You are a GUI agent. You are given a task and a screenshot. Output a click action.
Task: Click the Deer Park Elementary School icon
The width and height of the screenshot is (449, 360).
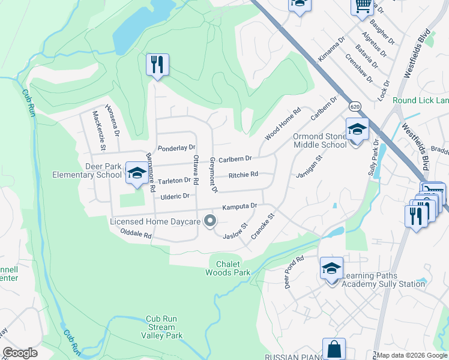(137, 173)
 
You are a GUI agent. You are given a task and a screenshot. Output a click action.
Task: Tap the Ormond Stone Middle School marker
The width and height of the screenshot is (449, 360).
(357, 130)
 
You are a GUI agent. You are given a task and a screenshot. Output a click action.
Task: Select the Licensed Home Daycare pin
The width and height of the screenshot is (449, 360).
(210, 221)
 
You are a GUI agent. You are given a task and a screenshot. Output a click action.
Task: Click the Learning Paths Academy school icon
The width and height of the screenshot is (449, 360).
(331, 269)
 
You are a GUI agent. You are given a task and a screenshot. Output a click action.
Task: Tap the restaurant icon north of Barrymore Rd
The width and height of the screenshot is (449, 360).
(157, 65)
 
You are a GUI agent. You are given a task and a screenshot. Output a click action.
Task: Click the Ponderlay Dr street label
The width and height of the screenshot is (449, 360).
(176, 148)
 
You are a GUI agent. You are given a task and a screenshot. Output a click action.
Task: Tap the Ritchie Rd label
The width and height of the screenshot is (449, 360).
(243, 175)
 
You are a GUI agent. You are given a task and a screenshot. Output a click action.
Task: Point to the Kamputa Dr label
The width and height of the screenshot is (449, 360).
(240, 206)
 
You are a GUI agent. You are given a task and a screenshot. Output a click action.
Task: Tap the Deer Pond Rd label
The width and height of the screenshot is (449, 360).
(295, 272)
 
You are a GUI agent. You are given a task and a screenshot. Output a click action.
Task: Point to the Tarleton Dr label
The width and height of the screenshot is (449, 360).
(174, 181)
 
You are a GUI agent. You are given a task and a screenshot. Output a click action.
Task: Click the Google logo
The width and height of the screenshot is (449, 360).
(20, 353)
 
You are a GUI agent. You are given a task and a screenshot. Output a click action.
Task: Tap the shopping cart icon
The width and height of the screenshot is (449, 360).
(363, 5)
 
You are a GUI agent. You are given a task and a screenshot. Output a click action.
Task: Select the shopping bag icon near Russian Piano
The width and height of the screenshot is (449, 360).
(334, 349)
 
